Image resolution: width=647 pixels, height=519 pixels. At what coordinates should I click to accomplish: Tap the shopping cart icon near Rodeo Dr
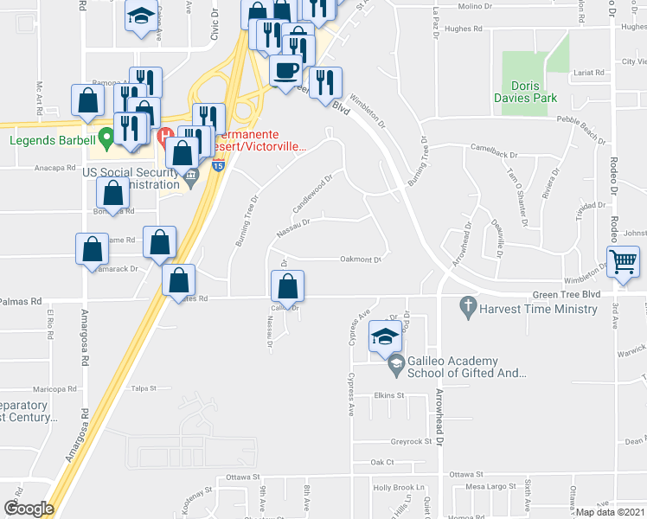click(x=623, y=260)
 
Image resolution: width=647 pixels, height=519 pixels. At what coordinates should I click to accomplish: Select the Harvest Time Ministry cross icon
click(x=468, y=305)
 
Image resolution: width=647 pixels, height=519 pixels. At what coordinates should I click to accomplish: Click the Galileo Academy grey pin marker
click(x=396, y=364)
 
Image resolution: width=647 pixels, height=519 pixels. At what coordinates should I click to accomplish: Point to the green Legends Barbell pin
click(x=106, y=137)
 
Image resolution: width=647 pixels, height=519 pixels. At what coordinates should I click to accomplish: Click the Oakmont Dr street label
click(x=361, y=259)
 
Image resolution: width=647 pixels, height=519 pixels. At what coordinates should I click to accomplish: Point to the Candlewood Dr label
click(x=313, y=195)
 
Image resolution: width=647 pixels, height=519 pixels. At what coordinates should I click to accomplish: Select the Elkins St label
click(x=389, y=395)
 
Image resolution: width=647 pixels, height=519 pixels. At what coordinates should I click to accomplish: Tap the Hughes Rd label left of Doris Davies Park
click(x=463, y=29)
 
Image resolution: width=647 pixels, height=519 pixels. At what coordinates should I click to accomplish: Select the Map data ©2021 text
click(x=611, y=512)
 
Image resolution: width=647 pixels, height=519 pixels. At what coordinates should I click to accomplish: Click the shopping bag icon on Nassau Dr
click(x=287, y=285)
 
